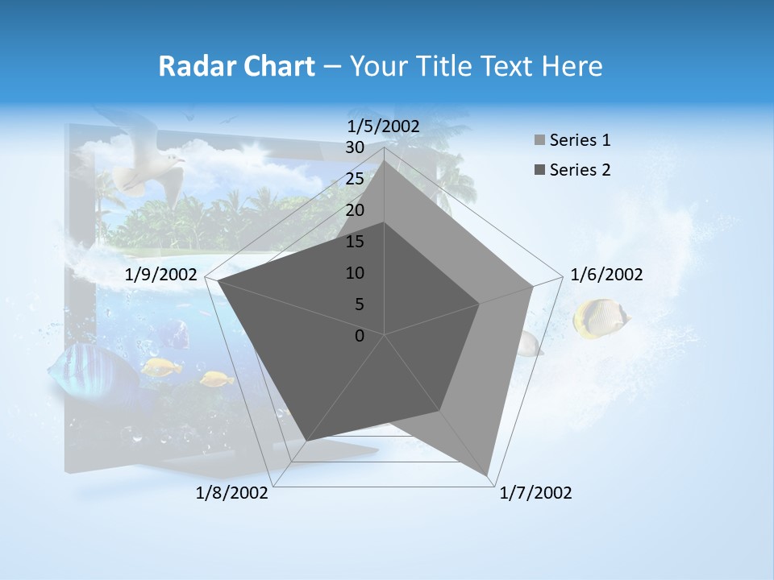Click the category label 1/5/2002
click(x=384, y=126)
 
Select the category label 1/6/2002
click(x=606, y=275)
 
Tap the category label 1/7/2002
click(x=535, y=493)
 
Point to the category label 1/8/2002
click(x=232, y=493)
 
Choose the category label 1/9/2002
click(x=161, y=275)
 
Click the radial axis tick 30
click(x=355, y=147)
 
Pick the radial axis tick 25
click(x=355, y=179)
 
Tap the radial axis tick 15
click(x=355, y=242)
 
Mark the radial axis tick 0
click(x=360, y=336)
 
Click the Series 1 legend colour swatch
click(x=539, y=140)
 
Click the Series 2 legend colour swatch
click(x=539, y=170)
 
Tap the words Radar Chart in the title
click(x=236, y=66)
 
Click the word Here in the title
click(x=572, y=66)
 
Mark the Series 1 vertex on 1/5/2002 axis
click(x=385, y=161)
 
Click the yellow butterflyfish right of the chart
click(x=599, y=317)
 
